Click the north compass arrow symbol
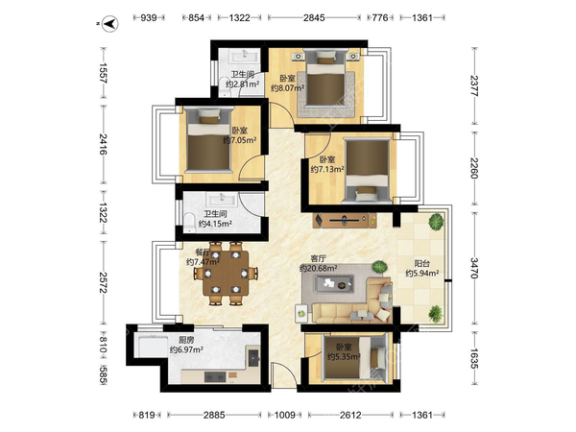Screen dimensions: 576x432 pyautogui.click(x=109, y=24)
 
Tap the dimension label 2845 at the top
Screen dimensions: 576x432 pyautogui.click(x=314, y=17)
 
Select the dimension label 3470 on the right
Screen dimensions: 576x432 pyautogui.click(x=474, y=268)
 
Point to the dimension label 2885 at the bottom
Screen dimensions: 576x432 pyautogui.click(x=214, y=415)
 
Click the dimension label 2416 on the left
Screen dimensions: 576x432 pyautogui.click(x=104, y=144)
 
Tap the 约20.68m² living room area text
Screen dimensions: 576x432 pyautogui.click(x=319, y=269)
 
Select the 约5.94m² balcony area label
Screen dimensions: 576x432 pyautogui.click(x=422, y=274)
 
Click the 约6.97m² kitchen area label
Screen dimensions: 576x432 pyautogui.click(x=186, y=350)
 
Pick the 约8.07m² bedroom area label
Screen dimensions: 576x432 pyautogui.click(x=288, y=88)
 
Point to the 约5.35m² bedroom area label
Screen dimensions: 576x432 pyautogui.click(x=344, y=356)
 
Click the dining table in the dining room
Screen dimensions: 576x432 pyautogui.click(x=227, y=274)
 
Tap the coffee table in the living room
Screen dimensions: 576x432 pyautogui.click(x=334, y=283)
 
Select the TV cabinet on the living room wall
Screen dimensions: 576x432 pyautogui.click(x=345, y=221)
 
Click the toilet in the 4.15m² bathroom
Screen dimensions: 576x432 pyautogui.click(x=189, y=222)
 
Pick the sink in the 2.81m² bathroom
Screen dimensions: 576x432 pyautogui.click(x=244, y=56)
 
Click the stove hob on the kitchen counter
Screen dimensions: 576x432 pyautogui.click(x=214, y=377)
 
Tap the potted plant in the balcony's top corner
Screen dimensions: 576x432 pyautogui.click(x=436, y=222)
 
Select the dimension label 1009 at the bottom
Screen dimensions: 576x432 pyautogui.click(x=285, y=415)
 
